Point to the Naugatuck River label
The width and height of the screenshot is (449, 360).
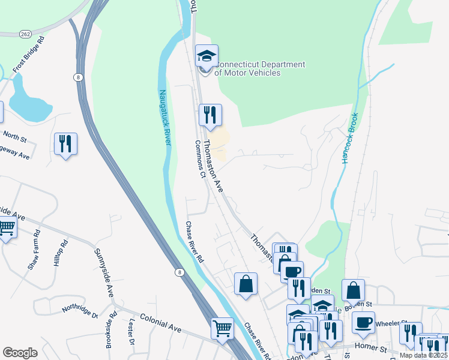164,116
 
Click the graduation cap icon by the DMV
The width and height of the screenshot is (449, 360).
206,57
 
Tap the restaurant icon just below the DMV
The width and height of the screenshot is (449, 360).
210,114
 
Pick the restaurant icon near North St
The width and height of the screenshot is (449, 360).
65,143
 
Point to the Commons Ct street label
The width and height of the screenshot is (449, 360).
200,160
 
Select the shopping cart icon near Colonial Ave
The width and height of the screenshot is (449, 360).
222,328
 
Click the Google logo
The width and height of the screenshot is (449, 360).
20,353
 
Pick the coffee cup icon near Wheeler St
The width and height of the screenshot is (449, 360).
363,322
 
